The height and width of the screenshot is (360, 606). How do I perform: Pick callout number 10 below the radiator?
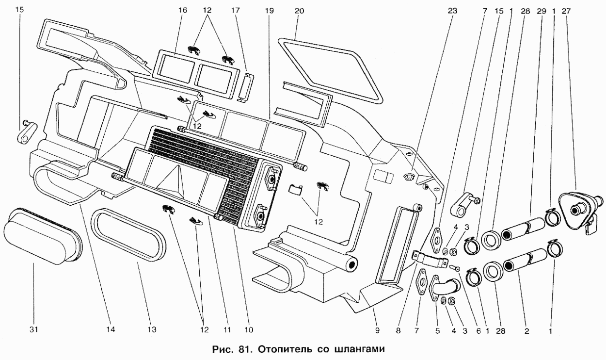coord(249,330)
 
